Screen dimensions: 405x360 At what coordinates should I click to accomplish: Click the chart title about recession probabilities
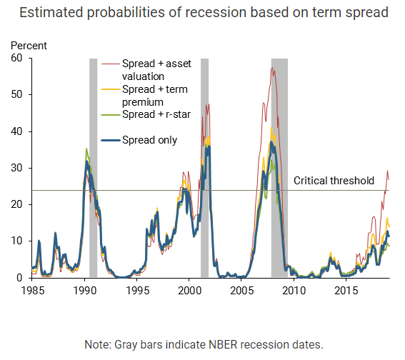click(x=204, y=13)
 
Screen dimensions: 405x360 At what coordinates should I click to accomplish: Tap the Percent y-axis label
click(x=29, y=46)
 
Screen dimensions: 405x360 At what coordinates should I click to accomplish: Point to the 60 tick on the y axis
click(x=16, y=58)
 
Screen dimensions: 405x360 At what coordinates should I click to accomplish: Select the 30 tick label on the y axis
click(x=16, y=168)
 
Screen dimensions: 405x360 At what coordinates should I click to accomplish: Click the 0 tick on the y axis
click(x=19, y=278)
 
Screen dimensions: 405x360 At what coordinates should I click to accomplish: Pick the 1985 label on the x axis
click(x=33, y=291)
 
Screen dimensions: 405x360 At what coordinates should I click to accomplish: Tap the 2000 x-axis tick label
click(x=189, y=291)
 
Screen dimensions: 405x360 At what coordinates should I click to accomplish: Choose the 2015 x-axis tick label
click(x=346, y=291)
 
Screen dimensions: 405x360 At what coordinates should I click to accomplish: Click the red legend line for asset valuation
click(x=111, y=64)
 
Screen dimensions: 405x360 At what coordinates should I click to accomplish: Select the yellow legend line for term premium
click(x=111, y=89)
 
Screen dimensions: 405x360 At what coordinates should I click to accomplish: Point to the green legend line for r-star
click(x=111, y=114)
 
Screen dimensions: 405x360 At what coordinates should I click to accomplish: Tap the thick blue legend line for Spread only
click(x=111, y=140)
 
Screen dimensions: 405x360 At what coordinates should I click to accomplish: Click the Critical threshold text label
click(x=334, y=181)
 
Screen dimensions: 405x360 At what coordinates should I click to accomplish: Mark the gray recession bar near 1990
click(x=94, y=168)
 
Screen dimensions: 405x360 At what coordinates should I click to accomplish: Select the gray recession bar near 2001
click(x=204, y=168)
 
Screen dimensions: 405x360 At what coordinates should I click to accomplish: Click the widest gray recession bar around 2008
click(x=279, y=168)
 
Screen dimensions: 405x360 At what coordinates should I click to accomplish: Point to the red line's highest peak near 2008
click(x=272, y=68)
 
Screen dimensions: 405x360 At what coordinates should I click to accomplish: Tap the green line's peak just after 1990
click(x=86, y=149)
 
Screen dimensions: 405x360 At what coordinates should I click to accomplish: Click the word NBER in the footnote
click(x=223, y=344)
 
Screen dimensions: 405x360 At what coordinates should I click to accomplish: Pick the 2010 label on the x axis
click(x=294, y=291)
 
